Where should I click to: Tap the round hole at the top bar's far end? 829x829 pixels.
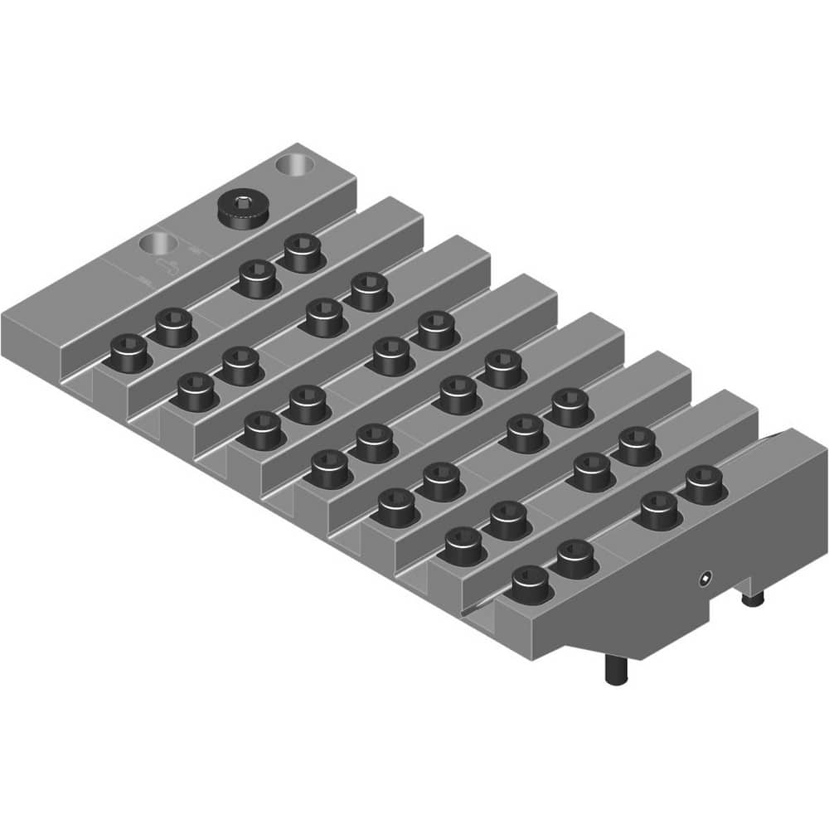(296, 162)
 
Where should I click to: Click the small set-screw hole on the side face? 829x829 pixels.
(705, 578)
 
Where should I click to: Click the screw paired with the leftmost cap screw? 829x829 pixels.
(174, 326)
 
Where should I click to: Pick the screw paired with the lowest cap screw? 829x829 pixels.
(574, 559)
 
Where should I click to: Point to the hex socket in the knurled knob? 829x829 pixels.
(241, 201)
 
